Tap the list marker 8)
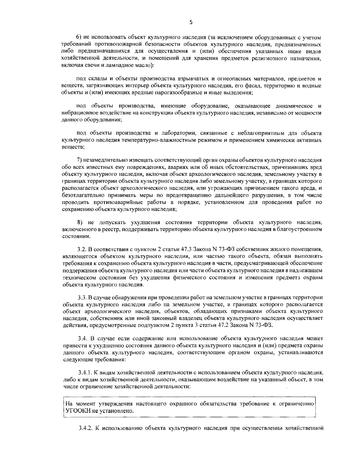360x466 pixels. coord(80,223)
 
